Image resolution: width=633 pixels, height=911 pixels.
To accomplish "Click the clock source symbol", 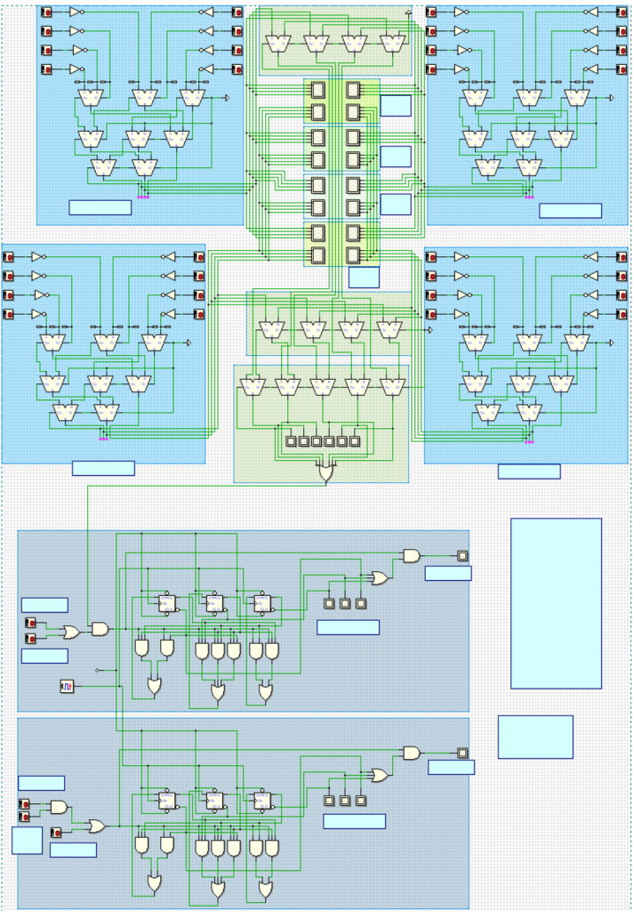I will pos(67,686).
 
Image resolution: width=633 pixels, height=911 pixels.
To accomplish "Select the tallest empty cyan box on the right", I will pos(556,603).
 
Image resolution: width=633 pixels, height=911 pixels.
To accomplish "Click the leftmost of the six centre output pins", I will pos(290,440).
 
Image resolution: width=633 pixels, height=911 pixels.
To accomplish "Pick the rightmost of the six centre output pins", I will pos(355,440).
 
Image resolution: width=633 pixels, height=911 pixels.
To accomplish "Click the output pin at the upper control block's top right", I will pos(462,556).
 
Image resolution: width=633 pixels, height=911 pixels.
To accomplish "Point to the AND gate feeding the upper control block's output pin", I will pos(412,556).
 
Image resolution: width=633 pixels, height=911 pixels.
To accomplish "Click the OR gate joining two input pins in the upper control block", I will pos(69,631).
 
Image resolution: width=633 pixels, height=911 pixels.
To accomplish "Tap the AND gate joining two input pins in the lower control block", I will pos(59,807).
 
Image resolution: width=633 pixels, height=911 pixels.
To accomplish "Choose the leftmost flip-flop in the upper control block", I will pos(165,603).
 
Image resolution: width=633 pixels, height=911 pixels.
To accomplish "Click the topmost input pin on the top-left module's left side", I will pos(47,12).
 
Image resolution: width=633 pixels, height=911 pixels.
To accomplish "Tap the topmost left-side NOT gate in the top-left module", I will pos(76,12).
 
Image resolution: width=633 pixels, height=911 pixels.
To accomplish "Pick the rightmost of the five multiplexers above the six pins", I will pos(390,385).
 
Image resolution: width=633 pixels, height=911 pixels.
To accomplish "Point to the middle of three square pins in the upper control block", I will pos(345,604).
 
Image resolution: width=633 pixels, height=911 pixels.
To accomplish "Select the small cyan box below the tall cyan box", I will pos(535,737).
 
